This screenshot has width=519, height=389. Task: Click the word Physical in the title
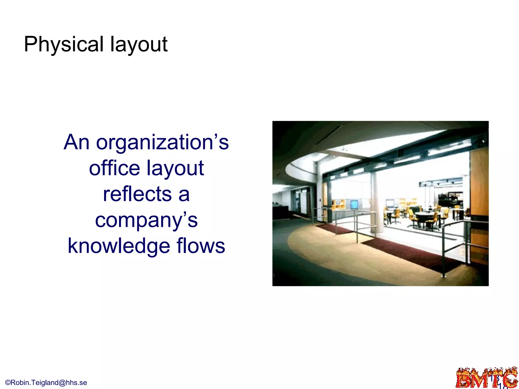pos(64,44)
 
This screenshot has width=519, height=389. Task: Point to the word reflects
pos(137,194)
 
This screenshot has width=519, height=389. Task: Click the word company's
pos(146,221)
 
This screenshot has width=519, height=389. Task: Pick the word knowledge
pos(119,246)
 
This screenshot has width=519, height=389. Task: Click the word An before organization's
pos(77,142)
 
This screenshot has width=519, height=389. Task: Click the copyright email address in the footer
pos(46,382)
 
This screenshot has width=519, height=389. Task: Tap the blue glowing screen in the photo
pos(354,204)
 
